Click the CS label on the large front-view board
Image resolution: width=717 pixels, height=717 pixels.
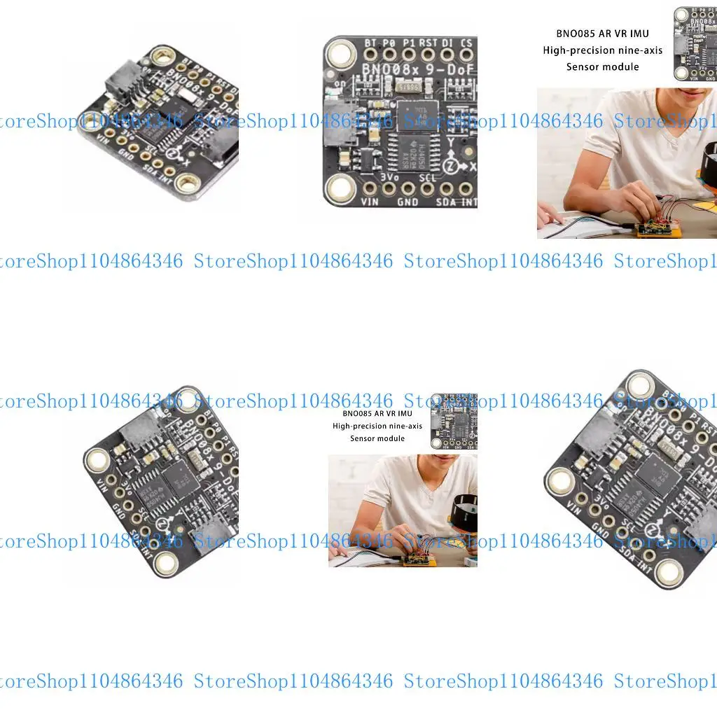[466, 43]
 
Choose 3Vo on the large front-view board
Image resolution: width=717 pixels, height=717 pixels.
[389, 178]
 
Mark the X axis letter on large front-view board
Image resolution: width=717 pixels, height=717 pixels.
[473, 167]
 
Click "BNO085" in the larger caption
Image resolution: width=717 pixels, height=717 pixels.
[576, 34]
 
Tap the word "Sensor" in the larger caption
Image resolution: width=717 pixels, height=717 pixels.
[583, 67]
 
